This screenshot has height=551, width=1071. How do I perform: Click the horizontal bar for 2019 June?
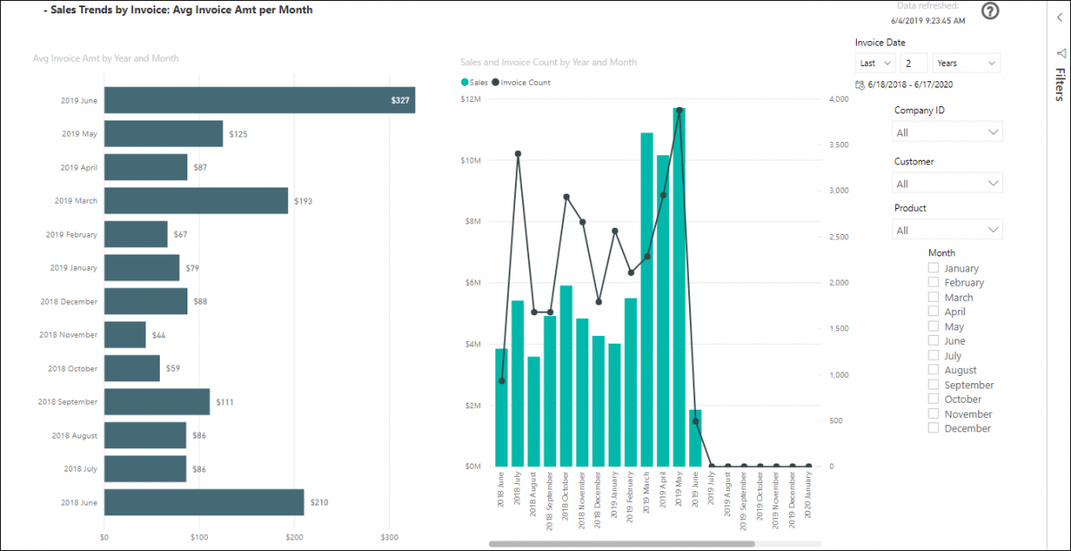259,100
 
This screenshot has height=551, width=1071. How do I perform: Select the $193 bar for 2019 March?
196,201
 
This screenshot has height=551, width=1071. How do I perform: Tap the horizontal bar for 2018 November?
125,335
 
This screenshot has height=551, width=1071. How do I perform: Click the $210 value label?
319,503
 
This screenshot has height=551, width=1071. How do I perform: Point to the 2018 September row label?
68,402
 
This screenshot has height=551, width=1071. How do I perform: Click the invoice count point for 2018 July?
518,154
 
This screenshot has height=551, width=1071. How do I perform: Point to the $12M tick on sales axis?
470,99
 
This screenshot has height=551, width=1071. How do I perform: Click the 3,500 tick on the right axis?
840,145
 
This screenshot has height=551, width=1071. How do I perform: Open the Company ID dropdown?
948,132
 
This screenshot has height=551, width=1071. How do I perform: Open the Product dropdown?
948,230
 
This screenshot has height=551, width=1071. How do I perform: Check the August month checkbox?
934,370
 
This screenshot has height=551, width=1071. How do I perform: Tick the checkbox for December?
934,428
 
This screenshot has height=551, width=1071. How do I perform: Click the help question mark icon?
990,11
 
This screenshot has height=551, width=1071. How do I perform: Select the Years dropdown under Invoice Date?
966,63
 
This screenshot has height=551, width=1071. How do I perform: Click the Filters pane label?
1059,85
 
